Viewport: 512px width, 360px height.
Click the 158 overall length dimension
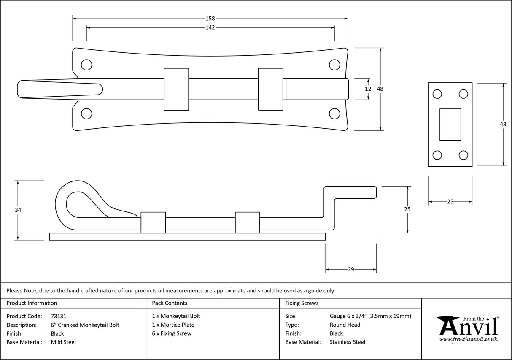click(210, 18)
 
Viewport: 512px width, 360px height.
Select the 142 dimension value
click(210, 27)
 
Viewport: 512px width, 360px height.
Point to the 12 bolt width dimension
click(368, 89)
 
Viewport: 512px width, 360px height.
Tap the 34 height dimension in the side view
click(17, 210)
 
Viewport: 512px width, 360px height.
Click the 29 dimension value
click(351, 269)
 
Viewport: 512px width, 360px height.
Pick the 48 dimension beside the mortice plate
click(503, 124)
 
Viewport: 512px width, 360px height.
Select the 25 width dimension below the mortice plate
click(450, 202)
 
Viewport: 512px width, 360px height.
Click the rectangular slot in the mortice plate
click(450, 124)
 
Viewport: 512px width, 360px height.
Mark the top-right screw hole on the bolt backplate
click(334, 65)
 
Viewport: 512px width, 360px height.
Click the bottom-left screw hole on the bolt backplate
click(86, 114)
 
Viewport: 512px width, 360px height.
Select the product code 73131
click(59, 316)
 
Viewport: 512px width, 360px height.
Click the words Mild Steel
click(63, 342)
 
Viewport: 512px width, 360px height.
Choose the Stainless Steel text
click(347, 342)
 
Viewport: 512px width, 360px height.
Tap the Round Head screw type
click(345, 325)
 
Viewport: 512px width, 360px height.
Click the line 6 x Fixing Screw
click(172, 333)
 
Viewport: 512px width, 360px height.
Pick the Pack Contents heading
click(169, 303)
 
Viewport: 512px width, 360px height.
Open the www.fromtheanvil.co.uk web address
click(468, 339)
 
